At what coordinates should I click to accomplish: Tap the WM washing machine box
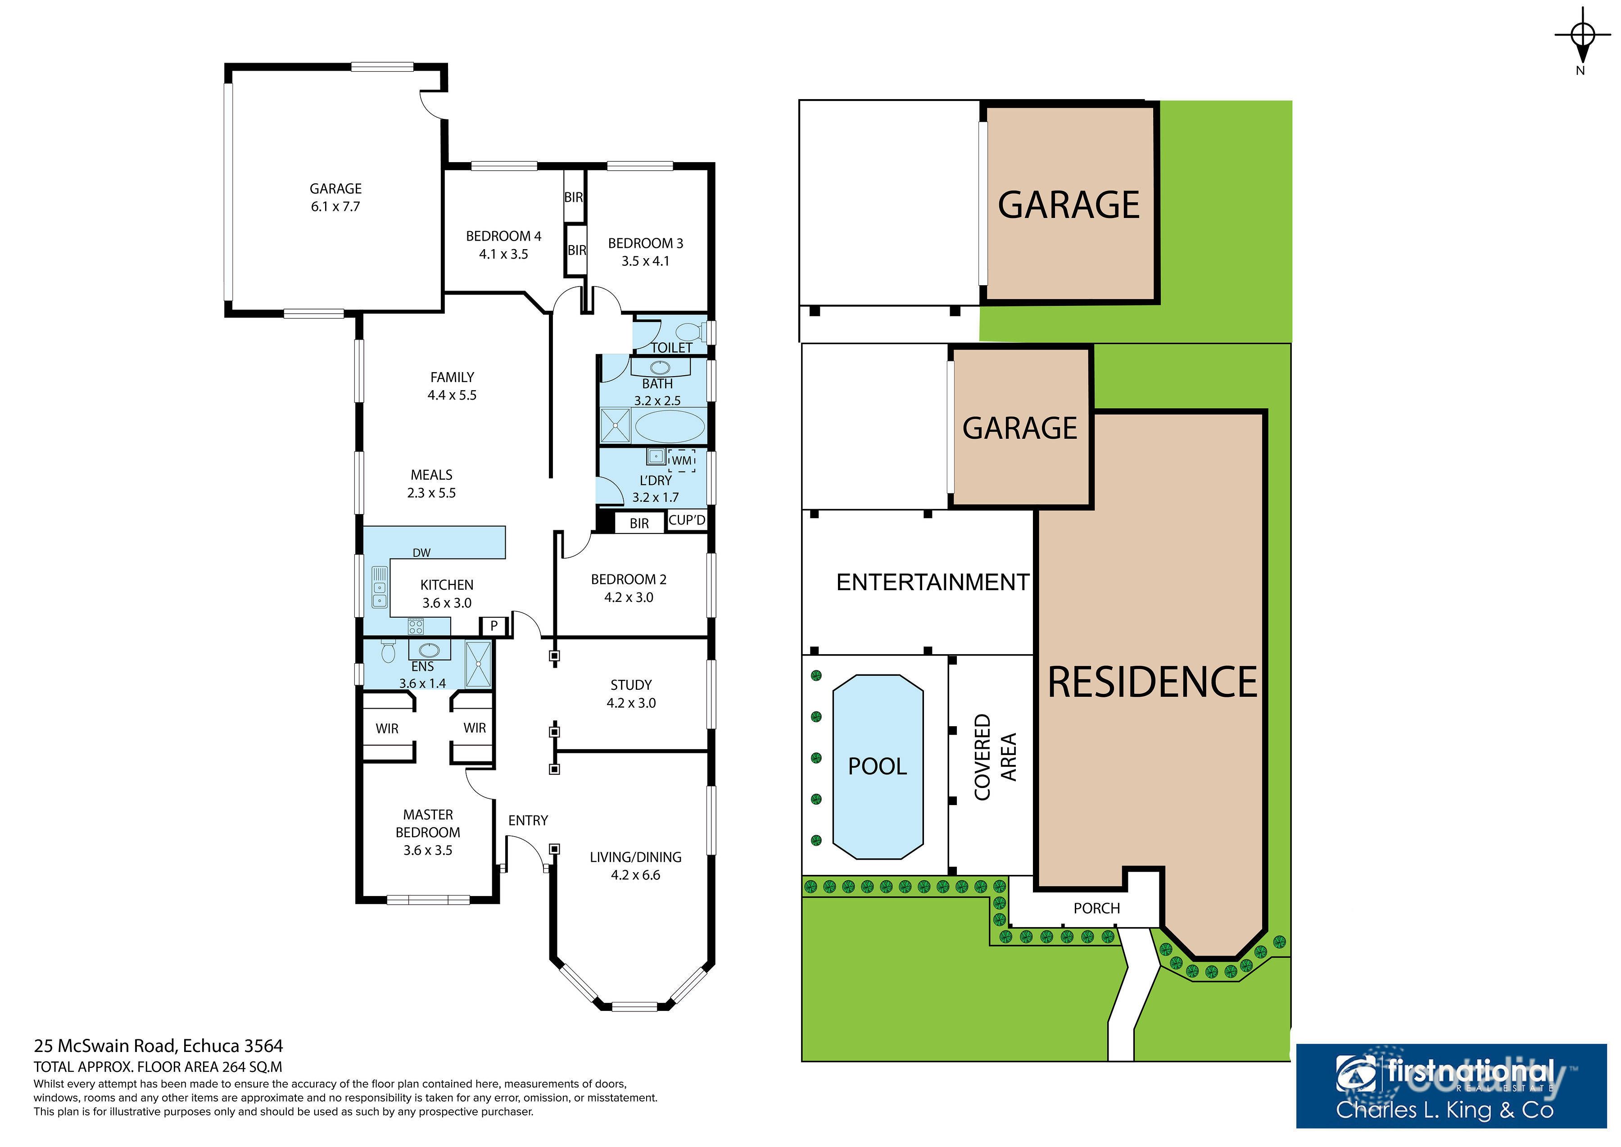coord(681,460)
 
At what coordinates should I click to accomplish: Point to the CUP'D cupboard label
coord(686,520)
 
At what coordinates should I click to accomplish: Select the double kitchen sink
coord(379,587)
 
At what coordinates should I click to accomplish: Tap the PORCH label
coord(1096,908)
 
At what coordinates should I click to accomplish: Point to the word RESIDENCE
coord(1152,682)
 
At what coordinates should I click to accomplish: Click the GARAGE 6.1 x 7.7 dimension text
coord(335,207)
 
